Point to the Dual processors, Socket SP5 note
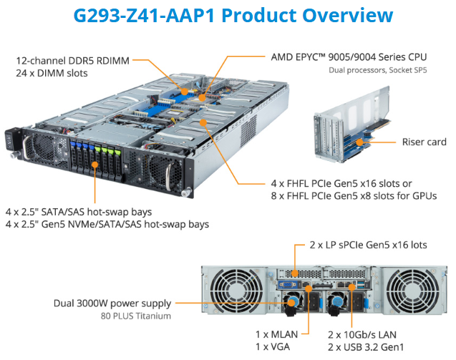[376, 70]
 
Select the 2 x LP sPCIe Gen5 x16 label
[367, 245]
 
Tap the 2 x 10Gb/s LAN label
[362, 334]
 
